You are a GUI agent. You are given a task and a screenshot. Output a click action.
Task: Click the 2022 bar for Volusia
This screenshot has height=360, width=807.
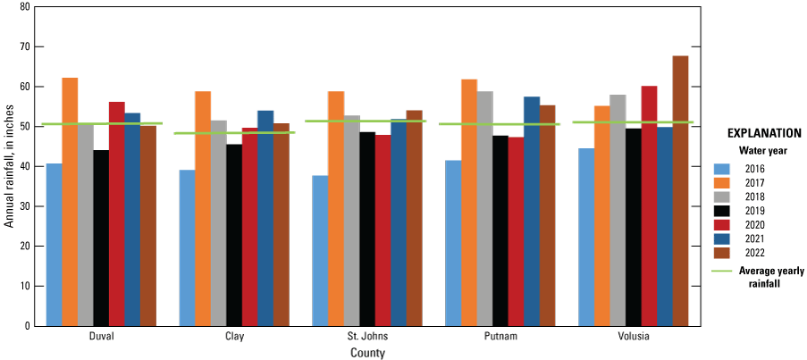680,191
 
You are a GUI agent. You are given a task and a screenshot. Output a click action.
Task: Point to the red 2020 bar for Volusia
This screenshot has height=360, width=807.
649,205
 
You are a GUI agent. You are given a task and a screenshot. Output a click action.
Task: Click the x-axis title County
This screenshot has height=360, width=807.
367,353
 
